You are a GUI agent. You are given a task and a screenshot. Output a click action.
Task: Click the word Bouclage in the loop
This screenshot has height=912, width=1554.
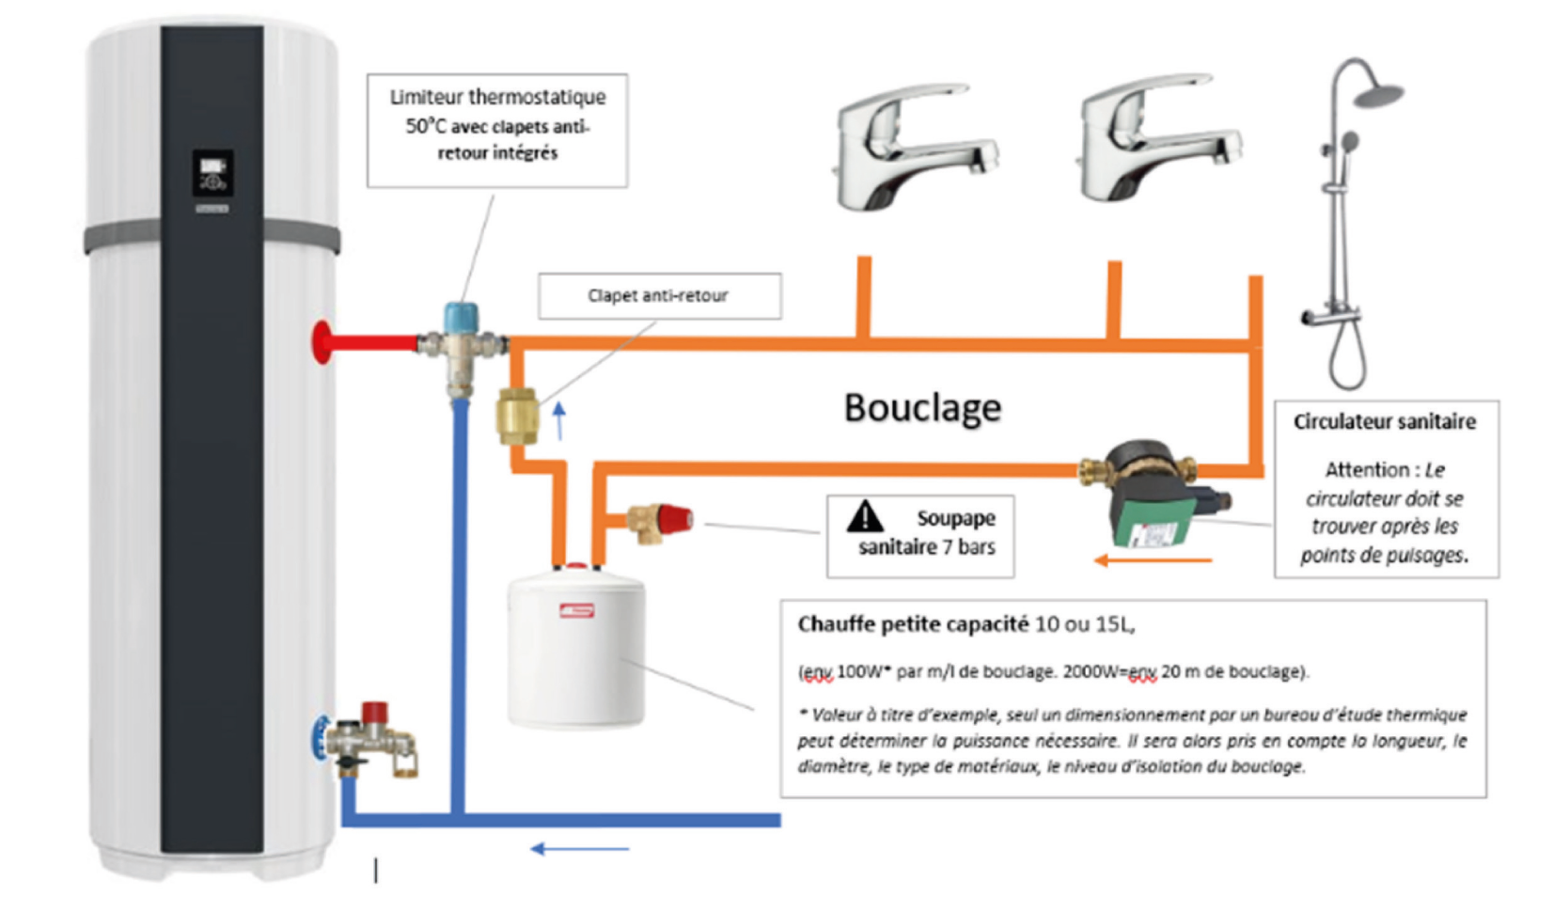(x=921, y=408)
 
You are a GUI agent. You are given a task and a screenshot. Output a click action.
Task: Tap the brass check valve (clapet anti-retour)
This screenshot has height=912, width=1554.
(x=517, y=416)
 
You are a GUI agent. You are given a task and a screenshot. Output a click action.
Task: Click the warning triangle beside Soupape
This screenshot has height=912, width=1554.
(x=864, y=517)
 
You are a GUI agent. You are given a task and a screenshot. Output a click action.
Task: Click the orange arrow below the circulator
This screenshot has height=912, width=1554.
(x=1153, y=561)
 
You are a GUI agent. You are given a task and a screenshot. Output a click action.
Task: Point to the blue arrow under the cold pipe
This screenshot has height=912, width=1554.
(x=579, y=849)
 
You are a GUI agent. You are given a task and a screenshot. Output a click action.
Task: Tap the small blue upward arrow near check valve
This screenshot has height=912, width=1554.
(x=559, y=420)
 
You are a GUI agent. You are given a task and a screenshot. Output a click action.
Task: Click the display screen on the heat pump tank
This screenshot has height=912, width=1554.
(x=212, y=173)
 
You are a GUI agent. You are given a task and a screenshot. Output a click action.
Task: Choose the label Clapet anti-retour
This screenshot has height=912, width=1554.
(x=657, y=295)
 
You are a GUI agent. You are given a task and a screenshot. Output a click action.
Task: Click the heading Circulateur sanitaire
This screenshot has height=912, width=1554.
(x=1384, y=422)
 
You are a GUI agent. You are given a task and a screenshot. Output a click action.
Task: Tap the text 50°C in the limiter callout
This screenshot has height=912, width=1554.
(x=424, y=126)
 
